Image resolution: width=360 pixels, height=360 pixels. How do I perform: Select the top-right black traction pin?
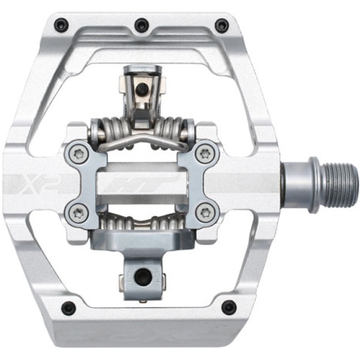[x=221, y=24]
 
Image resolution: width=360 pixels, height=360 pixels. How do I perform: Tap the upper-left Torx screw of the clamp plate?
[x=78, y=152]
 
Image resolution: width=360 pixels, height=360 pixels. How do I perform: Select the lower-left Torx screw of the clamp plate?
[x=78, y=214]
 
